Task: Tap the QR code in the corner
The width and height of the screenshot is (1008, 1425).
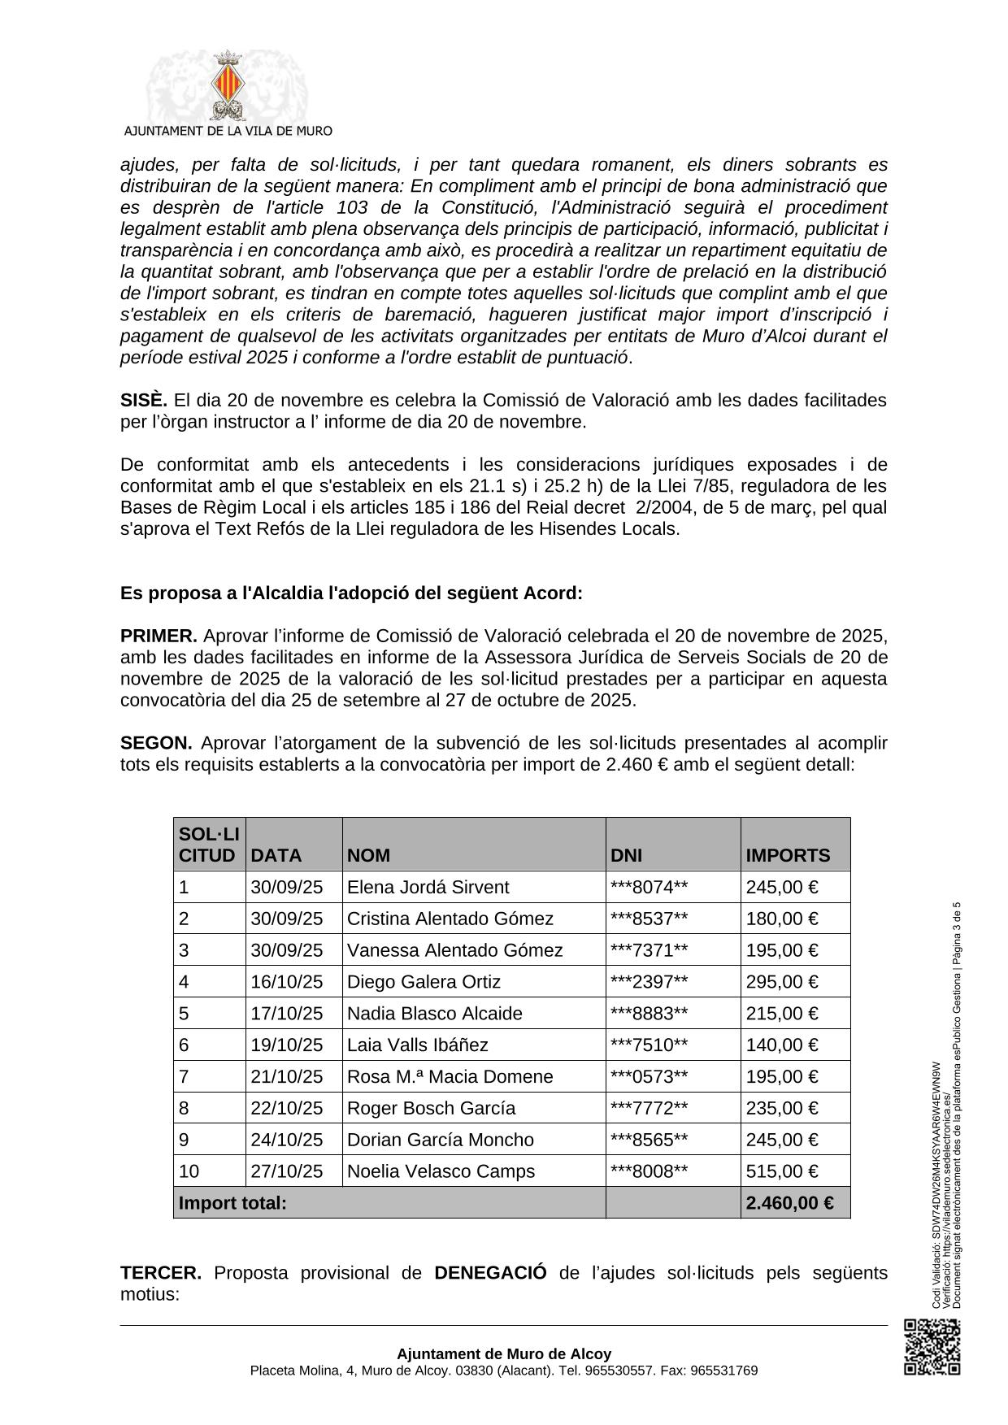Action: (x=932, y=1347)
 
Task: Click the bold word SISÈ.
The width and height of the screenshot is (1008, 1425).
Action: (x=144, y=401)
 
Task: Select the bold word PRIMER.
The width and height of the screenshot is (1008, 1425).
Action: (x=159, y=636)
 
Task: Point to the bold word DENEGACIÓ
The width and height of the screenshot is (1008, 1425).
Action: (x=490, y=1272)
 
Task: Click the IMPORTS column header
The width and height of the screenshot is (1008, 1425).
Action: (x=788, y=855)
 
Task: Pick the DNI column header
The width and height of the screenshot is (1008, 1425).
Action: (x=626, y=855)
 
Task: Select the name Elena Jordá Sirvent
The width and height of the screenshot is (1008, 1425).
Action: (x=428, y=887)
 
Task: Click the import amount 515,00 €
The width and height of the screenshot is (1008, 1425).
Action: (x=781, y=1171)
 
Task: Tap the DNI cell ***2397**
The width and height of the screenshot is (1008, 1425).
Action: (x=649, y=982)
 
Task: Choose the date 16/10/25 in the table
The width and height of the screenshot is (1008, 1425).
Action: (x=286, y=982)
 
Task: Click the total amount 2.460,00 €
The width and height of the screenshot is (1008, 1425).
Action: (x=789, y=1203)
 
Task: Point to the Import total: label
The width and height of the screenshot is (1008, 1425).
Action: (x=232, y=1203)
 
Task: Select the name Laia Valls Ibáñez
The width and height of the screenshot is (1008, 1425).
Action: (x=417, y=1045)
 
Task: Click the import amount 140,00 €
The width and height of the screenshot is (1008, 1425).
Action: (x=781, y=1045)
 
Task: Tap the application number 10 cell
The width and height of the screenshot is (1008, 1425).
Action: (x=189, y=1171)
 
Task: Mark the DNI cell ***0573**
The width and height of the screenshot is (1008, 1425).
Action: (x=649, y=1077)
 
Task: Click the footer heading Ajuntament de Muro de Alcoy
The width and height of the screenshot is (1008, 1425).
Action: (x=504, y=1354)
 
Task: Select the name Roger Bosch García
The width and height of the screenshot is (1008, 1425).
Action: (x=431, y=1109)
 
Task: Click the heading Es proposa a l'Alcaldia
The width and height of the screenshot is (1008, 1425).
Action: (x=351, y=593)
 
